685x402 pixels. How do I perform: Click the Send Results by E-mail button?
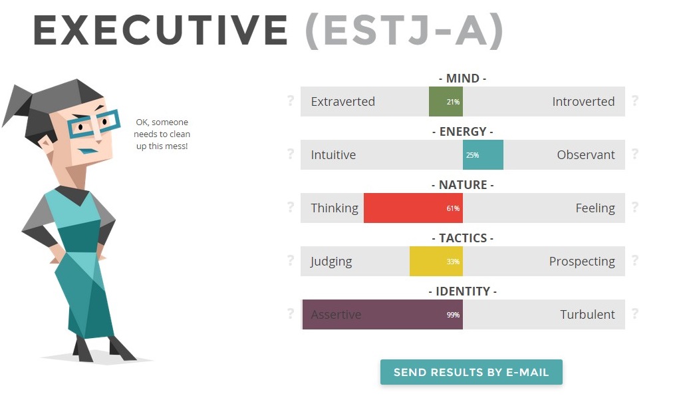click(x=472, y=372)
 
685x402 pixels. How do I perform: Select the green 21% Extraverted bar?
click(x=446, y=101)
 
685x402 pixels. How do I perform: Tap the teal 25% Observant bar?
click(x=483, y=155)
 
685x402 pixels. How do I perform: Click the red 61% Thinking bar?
click(x=413, y=208)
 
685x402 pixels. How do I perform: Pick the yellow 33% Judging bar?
click(x=436, y=261)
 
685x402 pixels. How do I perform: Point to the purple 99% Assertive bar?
click(x=382, y=315)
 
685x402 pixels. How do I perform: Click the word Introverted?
click(x=583, y=101)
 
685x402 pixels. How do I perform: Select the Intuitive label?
click(x=333, y=155)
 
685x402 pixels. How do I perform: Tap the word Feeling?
click(x=595, y=208)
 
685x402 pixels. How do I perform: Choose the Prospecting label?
click(x=582, y=262)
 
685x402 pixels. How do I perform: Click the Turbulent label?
click(x=588, y=315)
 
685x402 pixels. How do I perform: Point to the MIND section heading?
click(x=463, y=79)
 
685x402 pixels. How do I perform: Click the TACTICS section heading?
click(x=463, y=238)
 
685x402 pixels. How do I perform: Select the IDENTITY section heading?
click(x=463, y=292)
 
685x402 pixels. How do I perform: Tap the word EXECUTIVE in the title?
click(x=160, y=30)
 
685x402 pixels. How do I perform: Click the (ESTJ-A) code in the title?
click(x=404, y=31)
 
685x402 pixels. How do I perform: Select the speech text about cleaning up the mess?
click(x=162, y=134)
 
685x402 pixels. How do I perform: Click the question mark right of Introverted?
click(x=635, y=100)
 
